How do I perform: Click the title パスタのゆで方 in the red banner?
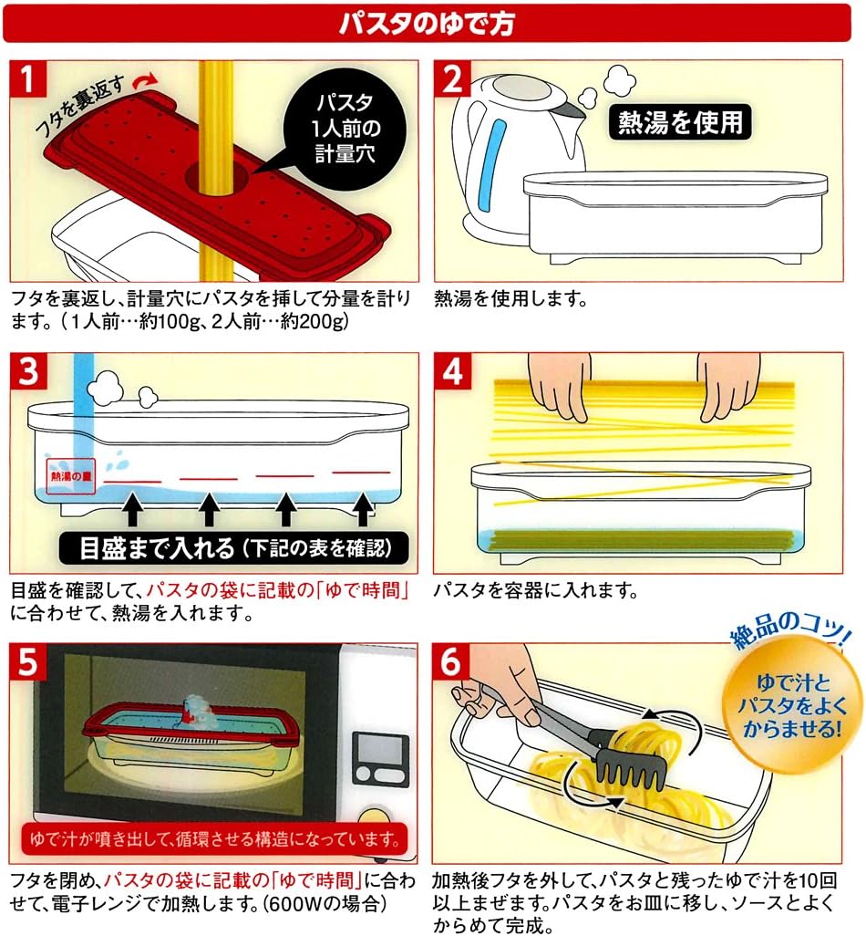coord(426,24)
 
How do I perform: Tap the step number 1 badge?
coord(27,78)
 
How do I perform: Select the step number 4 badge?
coord(451,371)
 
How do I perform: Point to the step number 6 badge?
coord(451,662)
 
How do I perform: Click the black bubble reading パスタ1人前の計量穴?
coord(345,128)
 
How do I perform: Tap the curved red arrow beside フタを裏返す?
coord(146,80)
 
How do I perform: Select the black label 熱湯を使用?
coord(680,123)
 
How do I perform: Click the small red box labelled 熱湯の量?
coord(71,476)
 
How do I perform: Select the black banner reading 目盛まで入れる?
coord(233,548)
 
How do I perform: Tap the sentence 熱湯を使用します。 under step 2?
coord(511,298)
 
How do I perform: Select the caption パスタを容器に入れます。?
coord(536,590)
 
